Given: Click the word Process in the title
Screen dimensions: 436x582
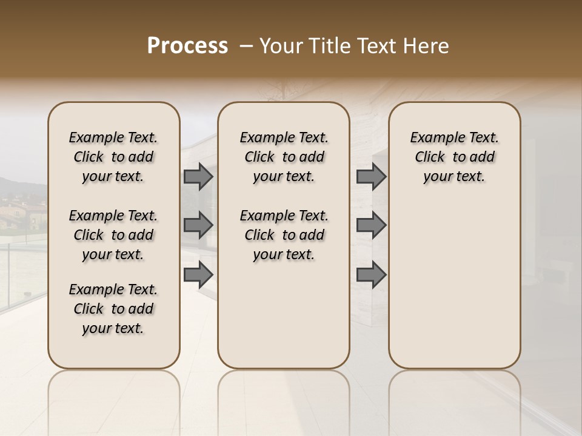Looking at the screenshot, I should coord(187,45).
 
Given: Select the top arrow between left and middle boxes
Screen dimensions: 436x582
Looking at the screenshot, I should coord(198,177).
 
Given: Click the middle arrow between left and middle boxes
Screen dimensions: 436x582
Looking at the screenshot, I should coord(198,225).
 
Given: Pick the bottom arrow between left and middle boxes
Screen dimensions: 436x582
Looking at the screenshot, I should coord(198,275).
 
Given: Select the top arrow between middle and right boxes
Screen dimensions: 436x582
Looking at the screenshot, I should coord(371,177).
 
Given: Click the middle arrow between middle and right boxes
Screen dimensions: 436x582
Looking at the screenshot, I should coord(371,225).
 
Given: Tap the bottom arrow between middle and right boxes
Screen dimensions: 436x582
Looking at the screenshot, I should coord(371,275).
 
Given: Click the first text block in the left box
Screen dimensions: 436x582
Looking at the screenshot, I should coord(113,157).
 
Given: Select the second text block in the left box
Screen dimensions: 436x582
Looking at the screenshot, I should coord(113,235).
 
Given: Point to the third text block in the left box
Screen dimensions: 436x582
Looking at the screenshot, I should coord(113,309).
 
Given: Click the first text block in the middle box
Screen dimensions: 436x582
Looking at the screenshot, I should coord(284,157).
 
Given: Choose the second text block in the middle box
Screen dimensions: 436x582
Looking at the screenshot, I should coord(284,235).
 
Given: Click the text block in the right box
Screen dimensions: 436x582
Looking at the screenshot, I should coord(454,157).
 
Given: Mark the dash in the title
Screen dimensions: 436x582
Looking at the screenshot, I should coord(246,46).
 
